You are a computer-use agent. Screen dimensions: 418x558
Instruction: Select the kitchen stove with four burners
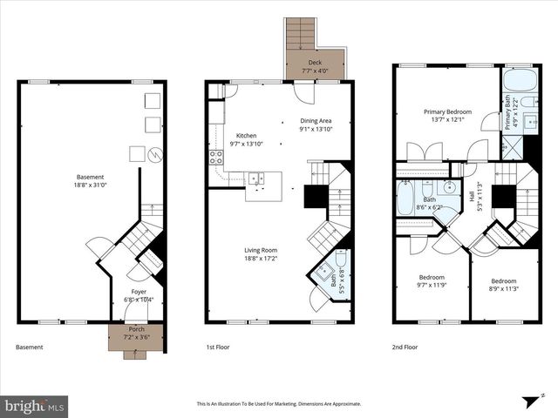pos(215,158)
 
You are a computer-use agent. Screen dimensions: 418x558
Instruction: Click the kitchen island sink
pos(257,179)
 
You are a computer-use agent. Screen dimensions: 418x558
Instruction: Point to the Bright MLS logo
pos(35,406)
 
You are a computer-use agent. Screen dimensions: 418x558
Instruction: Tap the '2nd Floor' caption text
pos(405,347)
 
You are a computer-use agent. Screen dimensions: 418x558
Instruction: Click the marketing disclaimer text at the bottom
pos(279,404)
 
